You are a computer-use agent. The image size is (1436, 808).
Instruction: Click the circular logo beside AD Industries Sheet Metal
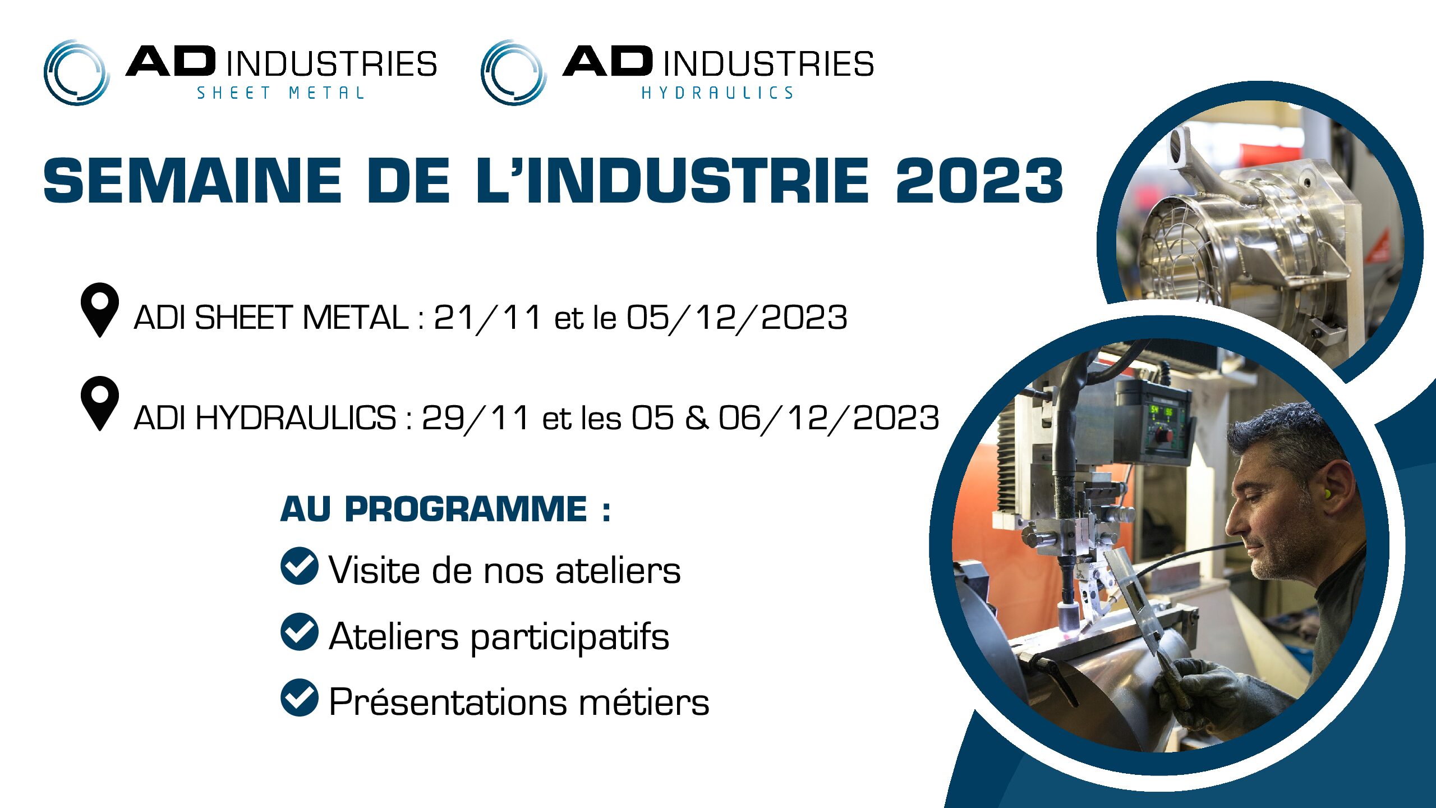point(77,72)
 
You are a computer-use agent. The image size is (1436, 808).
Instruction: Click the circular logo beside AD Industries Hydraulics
point(514,72)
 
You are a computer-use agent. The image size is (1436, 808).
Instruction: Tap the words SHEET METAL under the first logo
point(280,93)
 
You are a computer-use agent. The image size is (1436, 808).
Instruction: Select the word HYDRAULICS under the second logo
point(717,93)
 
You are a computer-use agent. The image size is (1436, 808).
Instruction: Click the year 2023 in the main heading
point(979,180)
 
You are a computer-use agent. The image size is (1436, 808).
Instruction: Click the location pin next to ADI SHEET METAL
point(100,310)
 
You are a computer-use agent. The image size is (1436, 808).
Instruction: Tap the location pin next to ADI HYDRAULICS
point(100,403)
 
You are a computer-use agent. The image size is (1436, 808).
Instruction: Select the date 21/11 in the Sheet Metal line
point(487,318)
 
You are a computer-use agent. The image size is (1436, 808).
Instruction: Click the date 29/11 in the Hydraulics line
point(475,418)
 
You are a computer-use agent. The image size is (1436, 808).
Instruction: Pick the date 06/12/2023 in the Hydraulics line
point(829,418)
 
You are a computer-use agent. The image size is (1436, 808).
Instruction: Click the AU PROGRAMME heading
point(445,509)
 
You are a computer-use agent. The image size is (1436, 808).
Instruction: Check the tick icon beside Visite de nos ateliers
point(300,566)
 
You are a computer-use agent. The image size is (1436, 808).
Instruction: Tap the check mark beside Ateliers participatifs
point(300,632)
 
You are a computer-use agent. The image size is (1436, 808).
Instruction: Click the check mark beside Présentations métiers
point(300,697)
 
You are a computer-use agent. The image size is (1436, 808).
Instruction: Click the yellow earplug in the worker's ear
point(1328,494)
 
